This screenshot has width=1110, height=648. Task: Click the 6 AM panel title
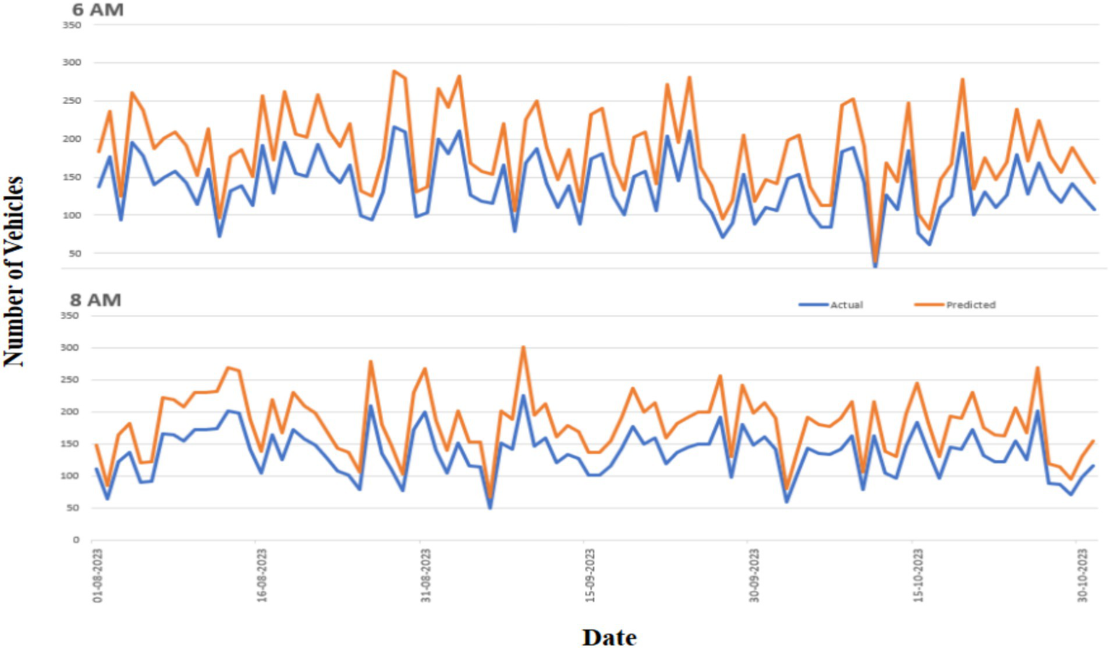98,10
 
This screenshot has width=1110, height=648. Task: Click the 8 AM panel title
95,300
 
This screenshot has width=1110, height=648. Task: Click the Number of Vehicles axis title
14,271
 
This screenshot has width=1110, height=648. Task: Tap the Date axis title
609,636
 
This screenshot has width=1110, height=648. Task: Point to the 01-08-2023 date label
98,576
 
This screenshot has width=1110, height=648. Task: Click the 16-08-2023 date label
262,576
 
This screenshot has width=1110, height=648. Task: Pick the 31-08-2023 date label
426,576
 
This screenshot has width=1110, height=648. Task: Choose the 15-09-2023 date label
590,576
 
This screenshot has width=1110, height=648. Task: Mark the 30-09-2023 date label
754,576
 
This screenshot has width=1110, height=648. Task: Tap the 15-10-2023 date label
918,576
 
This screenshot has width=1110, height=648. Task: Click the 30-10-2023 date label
1083,576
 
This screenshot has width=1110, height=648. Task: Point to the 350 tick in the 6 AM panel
72,25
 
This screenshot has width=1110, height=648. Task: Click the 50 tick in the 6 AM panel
74,254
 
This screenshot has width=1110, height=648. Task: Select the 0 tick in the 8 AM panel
76,540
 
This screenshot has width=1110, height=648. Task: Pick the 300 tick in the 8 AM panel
70,348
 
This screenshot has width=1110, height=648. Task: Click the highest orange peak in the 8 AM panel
524,347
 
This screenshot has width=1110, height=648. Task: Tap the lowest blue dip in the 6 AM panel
875,266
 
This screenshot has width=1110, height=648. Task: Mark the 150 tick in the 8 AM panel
70,444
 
